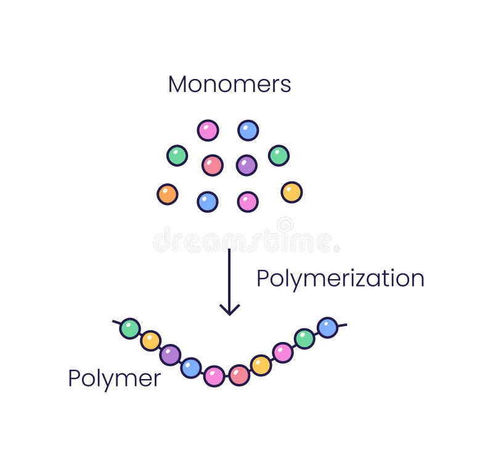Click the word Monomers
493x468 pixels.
point(229,85)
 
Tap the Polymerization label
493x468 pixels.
point(340,279)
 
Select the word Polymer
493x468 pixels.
point(115,378)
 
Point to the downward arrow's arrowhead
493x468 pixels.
point(229,309)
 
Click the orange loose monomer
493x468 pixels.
point(167,194)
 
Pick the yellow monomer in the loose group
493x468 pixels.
point(291,192)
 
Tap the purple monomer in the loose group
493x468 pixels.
point(246,165)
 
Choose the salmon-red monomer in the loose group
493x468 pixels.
point(212,165)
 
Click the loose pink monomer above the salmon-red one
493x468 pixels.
point(208,130)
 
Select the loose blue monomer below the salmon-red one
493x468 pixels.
point(208,202)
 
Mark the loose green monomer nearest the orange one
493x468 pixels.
point(177,156)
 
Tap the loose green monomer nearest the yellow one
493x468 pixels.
point(279,156)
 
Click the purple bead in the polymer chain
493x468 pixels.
point(170,355)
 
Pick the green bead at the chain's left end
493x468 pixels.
point(130,328)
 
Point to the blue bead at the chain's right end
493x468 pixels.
point(327,327)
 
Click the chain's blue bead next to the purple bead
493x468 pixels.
point(191,368)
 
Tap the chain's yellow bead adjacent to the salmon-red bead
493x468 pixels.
point(261,366)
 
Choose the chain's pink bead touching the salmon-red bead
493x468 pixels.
point(214,376)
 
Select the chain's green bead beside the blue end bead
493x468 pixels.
point(304,339)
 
